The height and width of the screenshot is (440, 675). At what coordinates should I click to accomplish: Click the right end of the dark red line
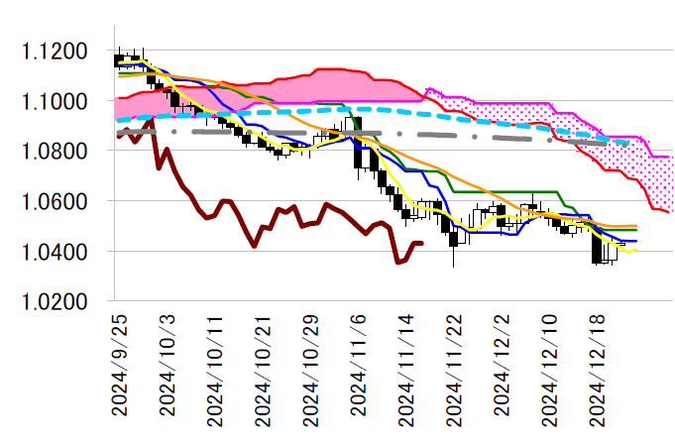pyautogui.click(x=422, y=243)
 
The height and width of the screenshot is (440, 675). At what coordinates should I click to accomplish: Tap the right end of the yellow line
pyautogui.click(x=636, y=250)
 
